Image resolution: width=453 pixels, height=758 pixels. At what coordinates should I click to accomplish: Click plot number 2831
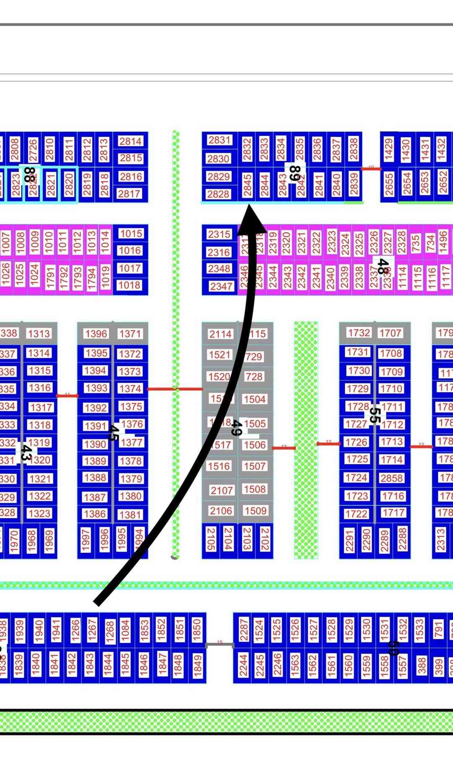(219, 140)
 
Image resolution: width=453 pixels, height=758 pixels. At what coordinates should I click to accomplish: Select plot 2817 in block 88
(130, 193)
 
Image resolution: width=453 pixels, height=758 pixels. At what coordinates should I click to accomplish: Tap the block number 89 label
(295, 173)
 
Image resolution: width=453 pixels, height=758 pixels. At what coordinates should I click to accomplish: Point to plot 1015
(131, 233)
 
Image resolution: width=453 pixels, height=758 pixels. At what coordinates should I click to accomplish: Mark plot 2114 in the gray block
(221, 334)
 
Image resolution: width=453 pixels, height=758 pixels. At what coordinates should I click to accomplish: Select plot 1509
(255, 511)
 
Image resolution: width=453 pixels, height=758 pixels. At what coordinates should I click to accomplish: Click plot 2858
(391, 478)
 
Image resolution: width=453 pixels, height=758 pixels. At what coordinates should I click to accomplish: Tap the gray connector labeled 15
(219, 645)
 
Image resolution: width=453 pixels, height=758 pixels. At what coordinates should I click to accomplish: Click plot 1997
(86, 540)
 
